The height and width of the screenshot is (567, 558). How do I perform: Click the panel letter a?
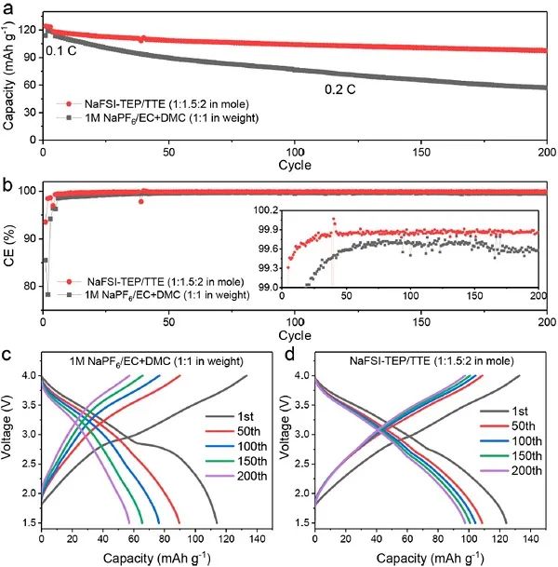point(8,8)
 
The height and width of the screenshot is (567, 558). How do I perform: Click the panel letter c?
point(8,355)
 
